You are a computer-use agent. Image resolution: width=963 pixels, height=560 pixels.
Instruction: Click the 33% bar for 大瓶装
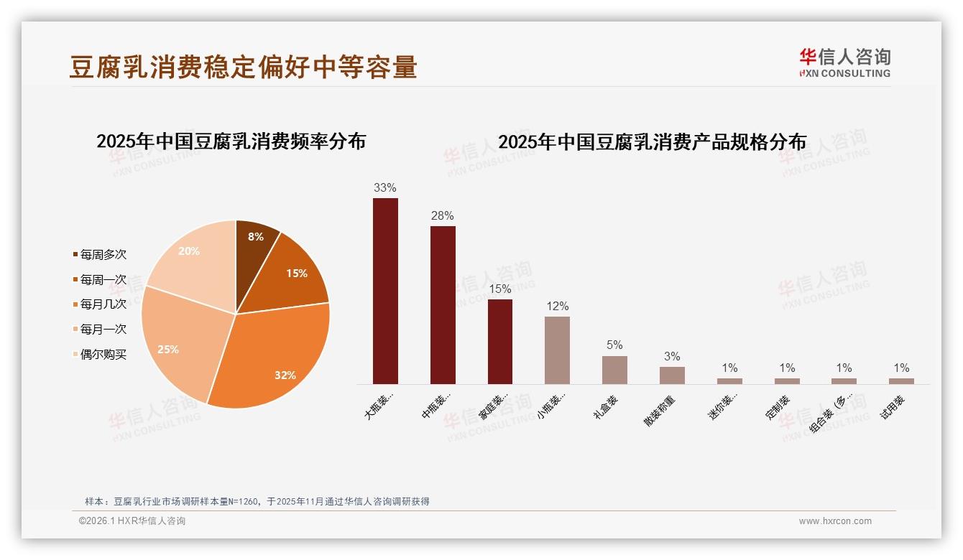385,291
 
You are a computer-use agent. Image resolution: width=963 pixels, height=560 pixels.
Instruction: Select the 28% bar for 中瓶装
443,305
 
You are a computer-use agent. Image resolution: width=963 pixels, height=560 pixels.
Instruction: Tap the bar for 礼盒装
614,370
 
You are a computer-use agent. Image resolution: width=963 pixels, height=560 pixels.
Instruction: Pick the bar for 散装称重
672,375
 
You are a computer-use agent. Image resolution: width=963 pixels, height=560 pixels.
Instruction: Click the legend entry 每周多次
103,255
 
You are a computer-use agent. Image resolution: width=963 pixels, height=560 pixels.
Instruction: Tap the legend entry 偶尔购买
103,354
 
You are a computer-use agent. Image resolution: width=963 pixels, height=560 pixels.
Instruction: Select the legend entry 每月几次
103,304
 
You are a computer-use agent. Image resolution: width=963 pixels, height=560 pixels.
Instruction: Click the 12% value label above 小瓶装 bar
557,307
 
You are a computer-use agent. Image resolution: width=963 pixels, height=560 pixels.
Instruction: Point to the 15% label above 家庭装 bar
499,289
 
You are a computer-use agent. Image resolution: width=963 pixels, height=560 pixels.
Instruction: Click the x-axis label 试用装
893,406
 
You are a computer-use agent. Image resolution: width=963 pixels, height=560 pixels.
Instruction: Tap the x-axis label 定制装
778,406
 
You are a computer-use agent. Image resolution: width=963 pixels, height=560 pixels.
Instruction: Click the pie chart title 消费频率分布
231,141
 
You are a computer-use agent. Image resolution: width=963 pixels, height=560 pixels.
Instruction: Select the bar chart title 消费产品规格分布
652,142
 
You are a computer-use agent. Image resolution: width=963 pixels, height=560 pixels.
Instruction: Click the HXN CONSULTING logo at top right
844,62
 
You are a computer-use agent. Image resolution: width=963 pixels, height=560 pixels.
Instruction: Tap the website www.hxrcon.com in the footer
835,521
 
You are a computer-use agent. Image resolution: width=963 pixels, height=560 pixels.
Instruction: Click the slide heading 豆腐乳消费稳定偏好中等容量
243,67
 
